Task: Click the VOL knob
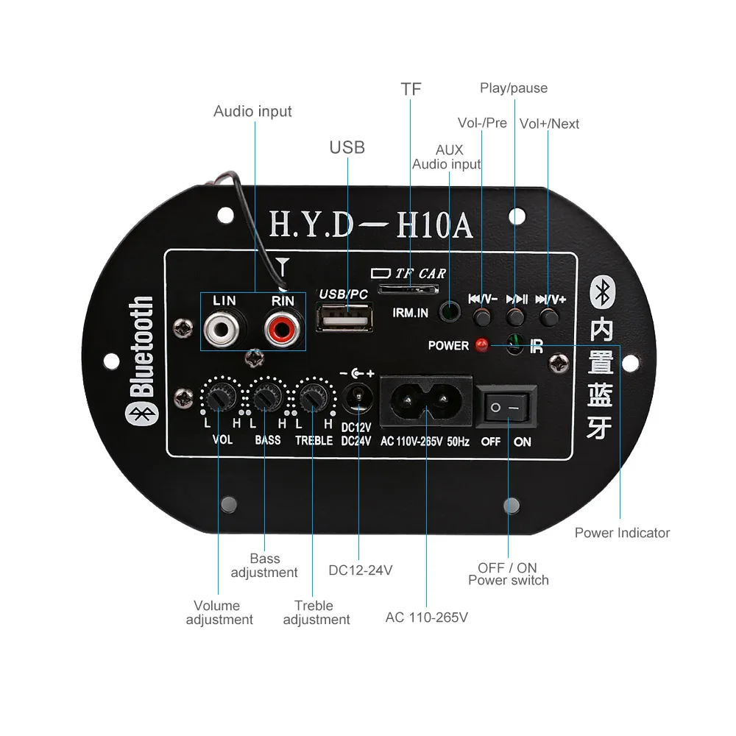[217, 398]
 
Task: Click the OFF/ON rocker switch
[507, 407]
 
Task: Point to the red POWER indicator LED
[481, 344]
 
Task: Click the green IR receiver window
[515, 344]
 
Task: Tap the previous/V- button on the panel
[482, 317]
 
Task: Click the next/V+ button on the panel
[548, 317]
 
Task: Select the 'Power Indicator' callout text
[622, 532]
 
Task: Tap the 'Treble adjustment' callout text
[316, 612]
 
